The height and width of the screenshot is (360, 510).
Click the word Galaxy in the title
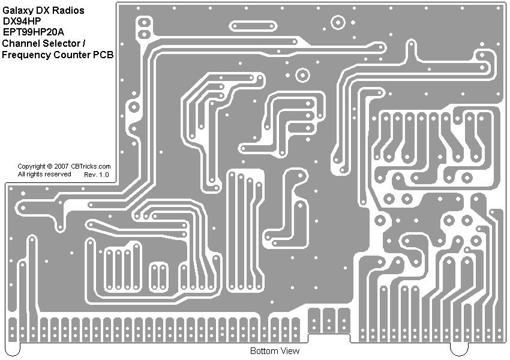click(x=17, y=11)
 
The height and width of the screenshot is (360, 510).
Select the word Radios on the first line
click(x=67, y=11)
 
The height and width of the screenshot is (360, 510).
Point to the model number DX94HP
click(x=22, y=22)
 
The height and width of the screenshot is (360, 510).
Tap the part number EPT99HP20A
click(x=33, y=32)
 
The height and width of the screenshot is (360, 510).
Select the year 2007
click(x=61, y=166)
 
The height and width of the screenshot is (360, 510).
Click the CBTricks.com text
click(x=91, y=166)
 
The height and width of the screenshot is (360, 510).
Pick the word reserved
click(x=58, y=174)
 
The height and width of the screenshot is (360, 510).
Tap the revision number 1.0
click(x=104, y=175)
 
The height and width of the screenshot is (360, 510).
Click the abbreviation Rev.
click(x=91, y=175)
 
